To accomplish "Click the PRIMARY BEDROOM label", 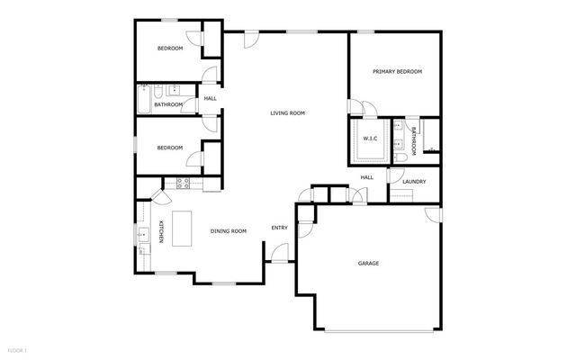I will pos(398,71).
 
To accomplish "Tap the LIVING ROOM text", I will pos(288,113).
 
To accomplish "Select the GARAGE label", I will pos(368,263).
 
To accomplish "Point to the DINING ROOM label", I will pos(229,231).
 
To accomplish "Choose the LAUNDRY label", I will pos(414,182).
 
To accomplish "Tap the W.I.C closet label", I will pos(370,138).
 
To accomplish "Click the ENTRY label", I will pos(279,227).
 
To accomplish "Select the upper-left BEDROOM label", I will pos(170,48).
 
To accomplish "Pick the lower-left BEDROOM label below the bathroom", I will pos(170,148).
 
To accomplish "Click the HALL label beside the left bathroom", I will pos(210,98).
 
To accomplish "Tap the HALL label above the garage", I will pos(367,177).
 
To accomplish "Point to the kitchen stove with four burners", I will pos(184,184).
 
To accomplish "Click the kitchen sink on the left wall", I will pos(142,237).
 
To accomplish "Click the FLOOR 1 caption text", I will pos(18,349).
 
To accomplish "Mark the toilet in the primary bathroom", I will pos(397,157).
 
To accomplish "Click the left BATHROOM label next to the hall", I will pos(168,104).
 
